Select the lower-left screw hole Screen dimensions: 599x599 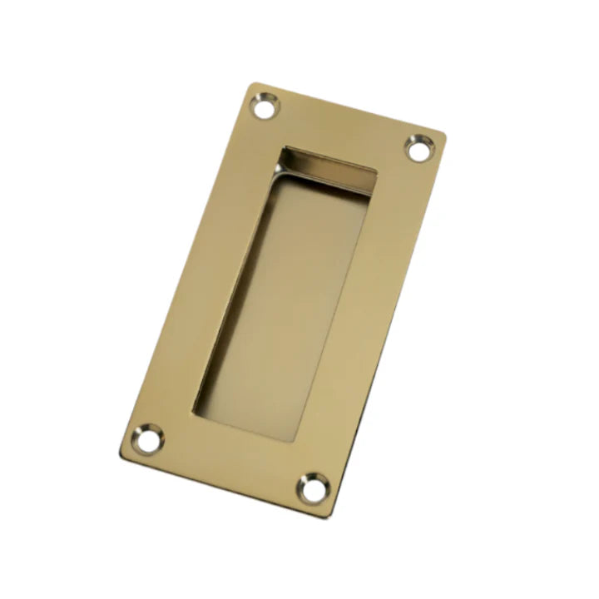pos(148,439)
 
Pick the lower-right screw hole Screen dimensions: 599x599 pos(314,488)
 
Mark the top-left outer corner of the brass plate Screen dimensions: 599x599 pos(252,83)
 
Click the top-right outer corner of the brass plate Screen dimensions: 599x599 pos(445,136)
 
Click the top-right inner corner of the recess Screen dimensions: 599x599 pos(376,176)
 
